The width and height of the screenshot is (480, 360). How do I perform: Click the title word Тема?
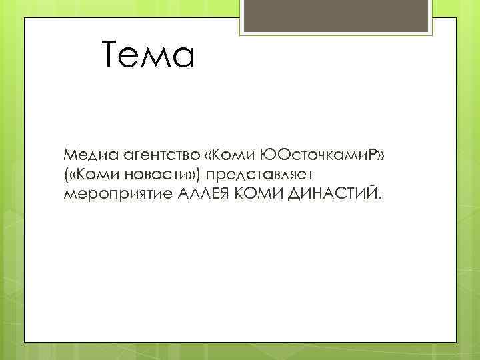point(149,55)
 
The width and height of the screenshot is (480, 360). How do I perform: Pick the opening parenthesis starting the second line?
point(66,174)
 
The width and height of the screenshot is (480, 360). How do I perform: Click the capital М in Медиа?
point(70,155)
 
